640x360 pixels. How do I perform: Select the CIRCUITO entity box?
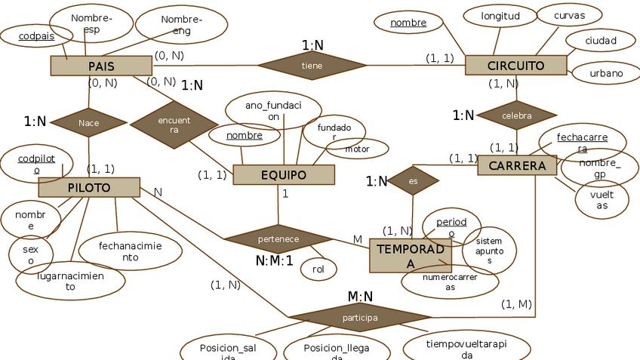(x=516, y=65)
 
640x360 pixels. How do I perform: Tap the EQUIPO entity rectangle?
(x=284, y=175)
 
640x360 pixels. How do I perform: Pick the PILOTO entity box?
(x=89, y=187)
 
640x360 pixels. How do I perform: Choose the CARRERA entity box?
(x=517, y=165)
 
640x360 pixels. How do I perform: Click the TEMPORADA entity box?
(x=410, y=255)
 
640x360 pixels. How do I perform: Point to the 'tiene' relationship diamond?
(x=312, y=66)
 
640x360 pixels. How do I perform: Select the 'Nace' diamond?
(x=89, y=122)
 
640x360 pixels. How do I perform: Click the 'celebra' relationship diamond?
(x=517, y=115)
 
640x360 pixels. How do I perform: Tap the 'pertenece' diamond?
(x=278, y=239)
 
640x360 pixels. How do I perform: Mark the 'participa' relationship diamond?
(x=360, y=318)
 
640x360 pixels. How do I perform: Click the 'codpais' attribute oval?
(x=36, y=35)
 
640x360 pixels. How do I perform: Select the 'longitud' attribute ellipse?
(x=500, y=16)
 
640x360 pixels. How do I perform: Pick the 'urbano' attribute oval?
(x=607, y=73)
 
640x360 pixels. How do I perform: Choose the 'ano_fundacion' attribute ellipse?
(x=273, y=111)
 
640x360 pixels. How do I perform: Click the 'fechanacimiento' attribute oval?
(x=130, y=251)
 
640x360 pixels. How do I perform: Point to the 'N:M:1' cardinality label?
(x=275, y=261)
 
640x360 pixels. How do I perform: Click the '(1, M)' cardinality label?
(x=517, y=304)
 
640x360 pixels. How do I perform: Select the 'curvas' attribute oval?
(x=569, y=15)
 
